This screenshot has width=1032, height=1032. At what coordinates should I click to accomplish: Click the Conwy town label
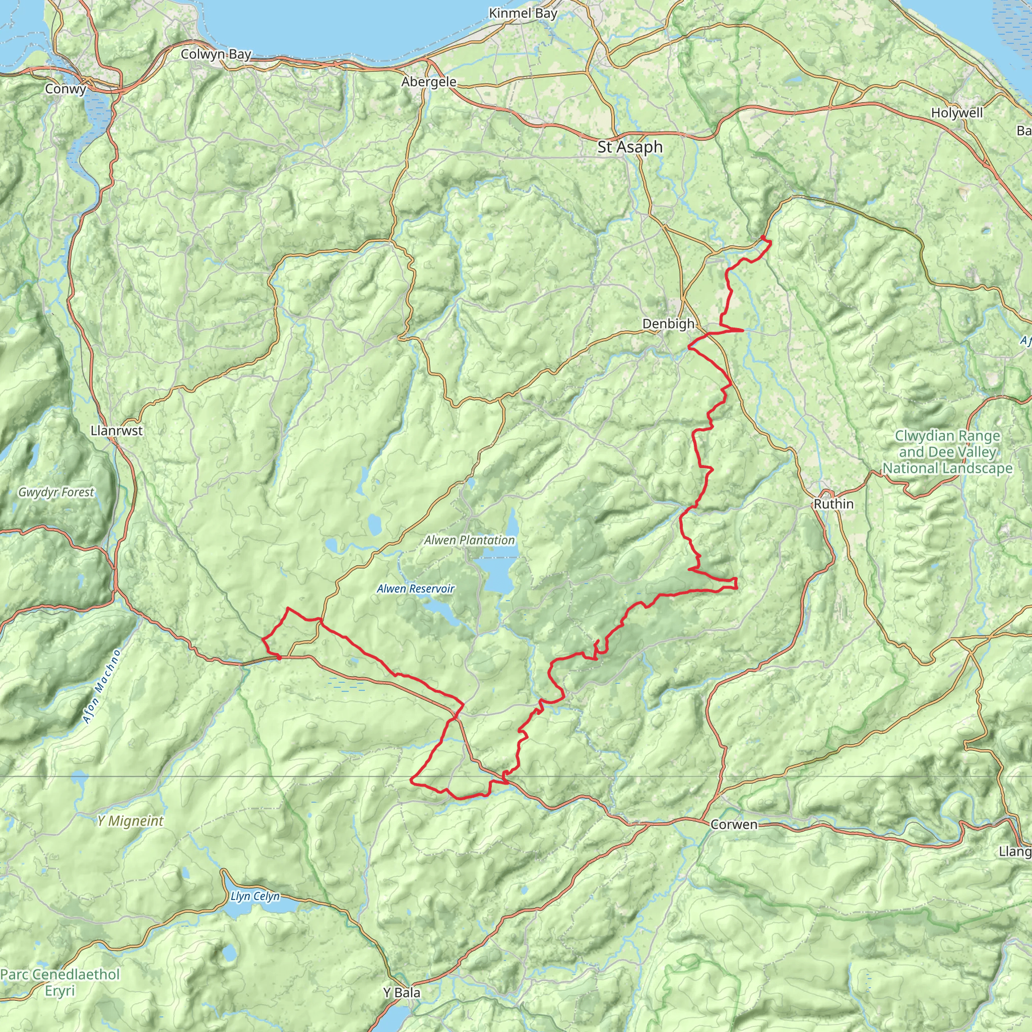pos(65,89)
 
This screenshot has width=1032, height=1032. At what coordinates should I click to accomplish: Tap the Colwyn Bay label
pos(216,54)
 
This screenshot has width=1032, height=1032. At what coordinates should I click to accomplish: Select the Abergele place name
pos(429,82)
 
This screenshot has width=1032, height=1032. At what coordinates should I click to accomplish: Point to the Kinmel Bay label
pos(523,14)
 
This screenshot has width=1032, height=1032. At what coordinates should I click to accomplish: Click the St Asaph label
pos(630,147)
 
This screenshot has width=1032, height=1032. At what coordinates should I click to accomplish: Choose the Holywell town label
pos(957,113)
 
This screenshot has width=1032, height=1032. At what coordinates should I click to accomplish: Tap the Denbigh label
pos(668,324)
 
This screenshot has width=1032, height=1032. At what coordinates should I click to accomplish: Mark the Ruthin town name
pos(833,504)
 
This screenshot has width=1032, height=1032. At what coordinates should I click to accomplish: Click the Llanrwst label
pos(116,430)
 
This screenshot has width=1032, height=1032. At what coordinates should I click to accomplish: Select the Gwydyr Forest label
pos(56,492)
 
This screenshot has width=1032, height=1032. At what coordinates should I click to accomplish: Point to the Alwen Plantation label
pos(470,540)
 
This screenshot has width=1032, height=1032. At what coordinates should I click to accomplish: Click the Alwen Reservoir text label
pos(416,589)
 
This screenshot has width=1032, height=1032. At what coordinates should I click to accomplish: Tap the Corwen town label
pos(734,824)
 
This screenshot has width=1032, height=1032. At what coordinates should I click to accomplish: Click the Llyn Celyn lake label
pos(255,896)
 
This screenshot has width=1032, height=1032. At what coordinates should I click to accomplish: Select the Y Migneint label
pos(131,820)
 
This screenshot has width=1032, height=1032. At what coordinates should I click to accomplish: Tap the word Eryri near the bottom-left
pos(60,991)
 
